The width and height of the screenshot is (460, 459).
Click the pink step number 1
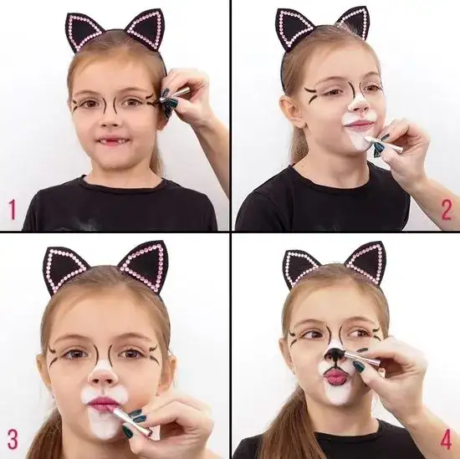(x=13, y=209)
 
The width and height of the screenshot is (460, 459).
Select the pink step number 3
(x=13, y=439)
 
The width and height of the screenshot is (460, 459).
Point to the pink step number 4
(x=446, y=439)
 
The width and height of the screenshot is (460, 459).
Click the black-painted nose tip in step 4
(x=334, y=354)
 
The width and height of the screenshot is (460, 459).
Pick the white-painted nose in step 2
(x=359, y=105)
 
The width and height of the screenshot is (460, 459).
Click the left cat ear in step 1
(x=84, y=32)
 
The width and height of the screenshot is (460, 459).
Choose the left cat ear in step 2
(x=294, y=29)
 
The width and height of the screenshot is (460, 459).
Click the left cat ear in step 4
(x=302, y=270)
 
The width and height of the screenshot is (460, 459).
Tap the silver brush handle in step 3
(x=130, y=421)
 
